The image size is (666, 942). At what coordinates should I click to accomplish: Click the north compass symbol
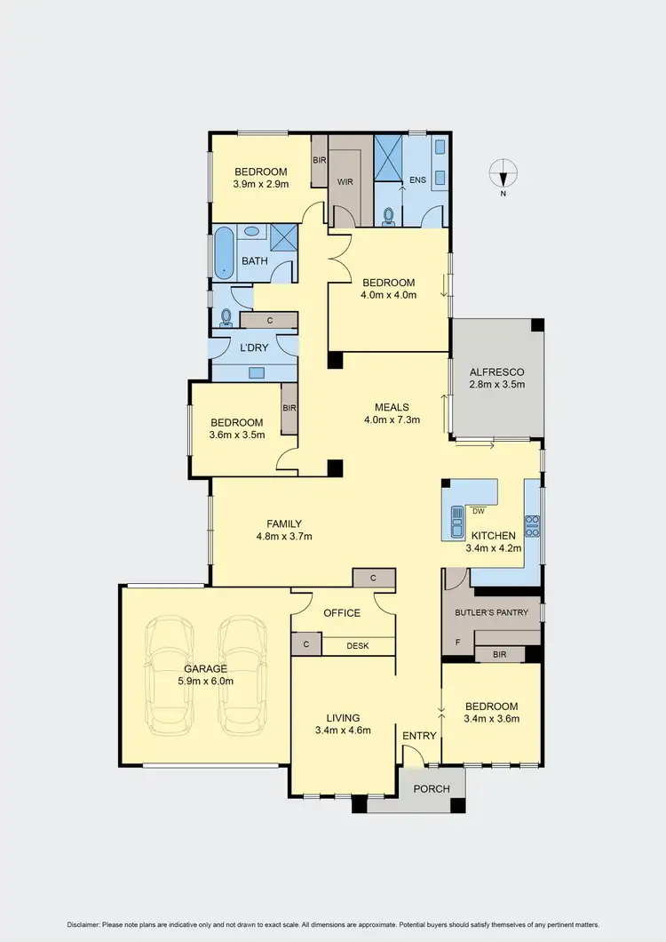point(503,172)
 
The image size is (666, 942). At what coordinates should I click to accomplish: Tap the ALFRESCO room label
point(497,371)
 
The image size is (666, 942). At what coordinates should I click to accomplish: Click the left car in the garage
point(171,673)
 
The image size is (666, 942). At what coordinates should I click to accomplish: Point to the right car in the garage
point(242,673)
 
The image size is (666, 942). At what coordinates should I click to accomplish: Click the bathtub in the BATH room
point(223,253)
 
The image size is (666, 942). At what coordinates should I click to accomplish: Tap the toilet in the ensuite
point(388,215)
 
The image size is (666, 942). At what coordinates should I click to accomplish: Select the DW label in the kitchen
point(478,511)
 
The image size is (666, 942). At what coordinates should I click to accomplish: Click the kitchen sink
point(457,523)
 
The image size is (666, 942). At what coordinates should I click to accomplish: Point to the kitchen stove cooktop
point(532,526)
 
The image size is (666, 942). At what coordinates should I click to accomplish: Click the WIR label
point(345,180)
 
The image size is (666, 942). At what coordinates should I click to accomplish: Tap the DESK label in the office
point(358,646)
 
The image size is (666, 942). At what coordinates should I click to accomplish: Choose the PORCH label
point(432,788)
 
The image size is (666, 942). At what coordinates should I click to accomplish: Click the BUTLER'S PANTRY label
point(491,612)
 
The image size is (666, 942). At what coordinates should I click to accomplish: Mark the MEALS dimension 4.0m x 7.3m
point(392,420)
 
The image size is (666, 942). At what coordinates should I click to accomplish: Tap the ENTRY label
point(419,735)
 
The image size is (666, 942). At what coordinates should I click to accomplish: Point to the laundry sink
point(257,372)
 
